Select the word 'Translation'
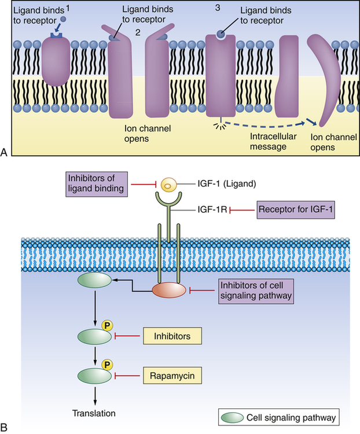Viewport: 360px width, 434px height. pyautogui.click(x=94, y=413)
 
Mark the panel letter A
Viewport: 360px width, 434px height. pyautogui.click(x=5, y=152)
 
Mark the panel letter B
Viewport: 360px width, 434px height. pyautogui.click(x=5, y=428)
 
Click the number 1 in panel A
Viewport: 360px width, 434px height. pyautogui.click(x=68, y=9)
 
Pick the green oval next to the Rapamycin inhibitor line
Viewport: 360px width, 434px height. pyautogui.click(x=95, y=376)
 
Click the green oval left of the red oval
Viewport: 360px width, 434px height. pyautogui.click(x=95, y=281)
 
